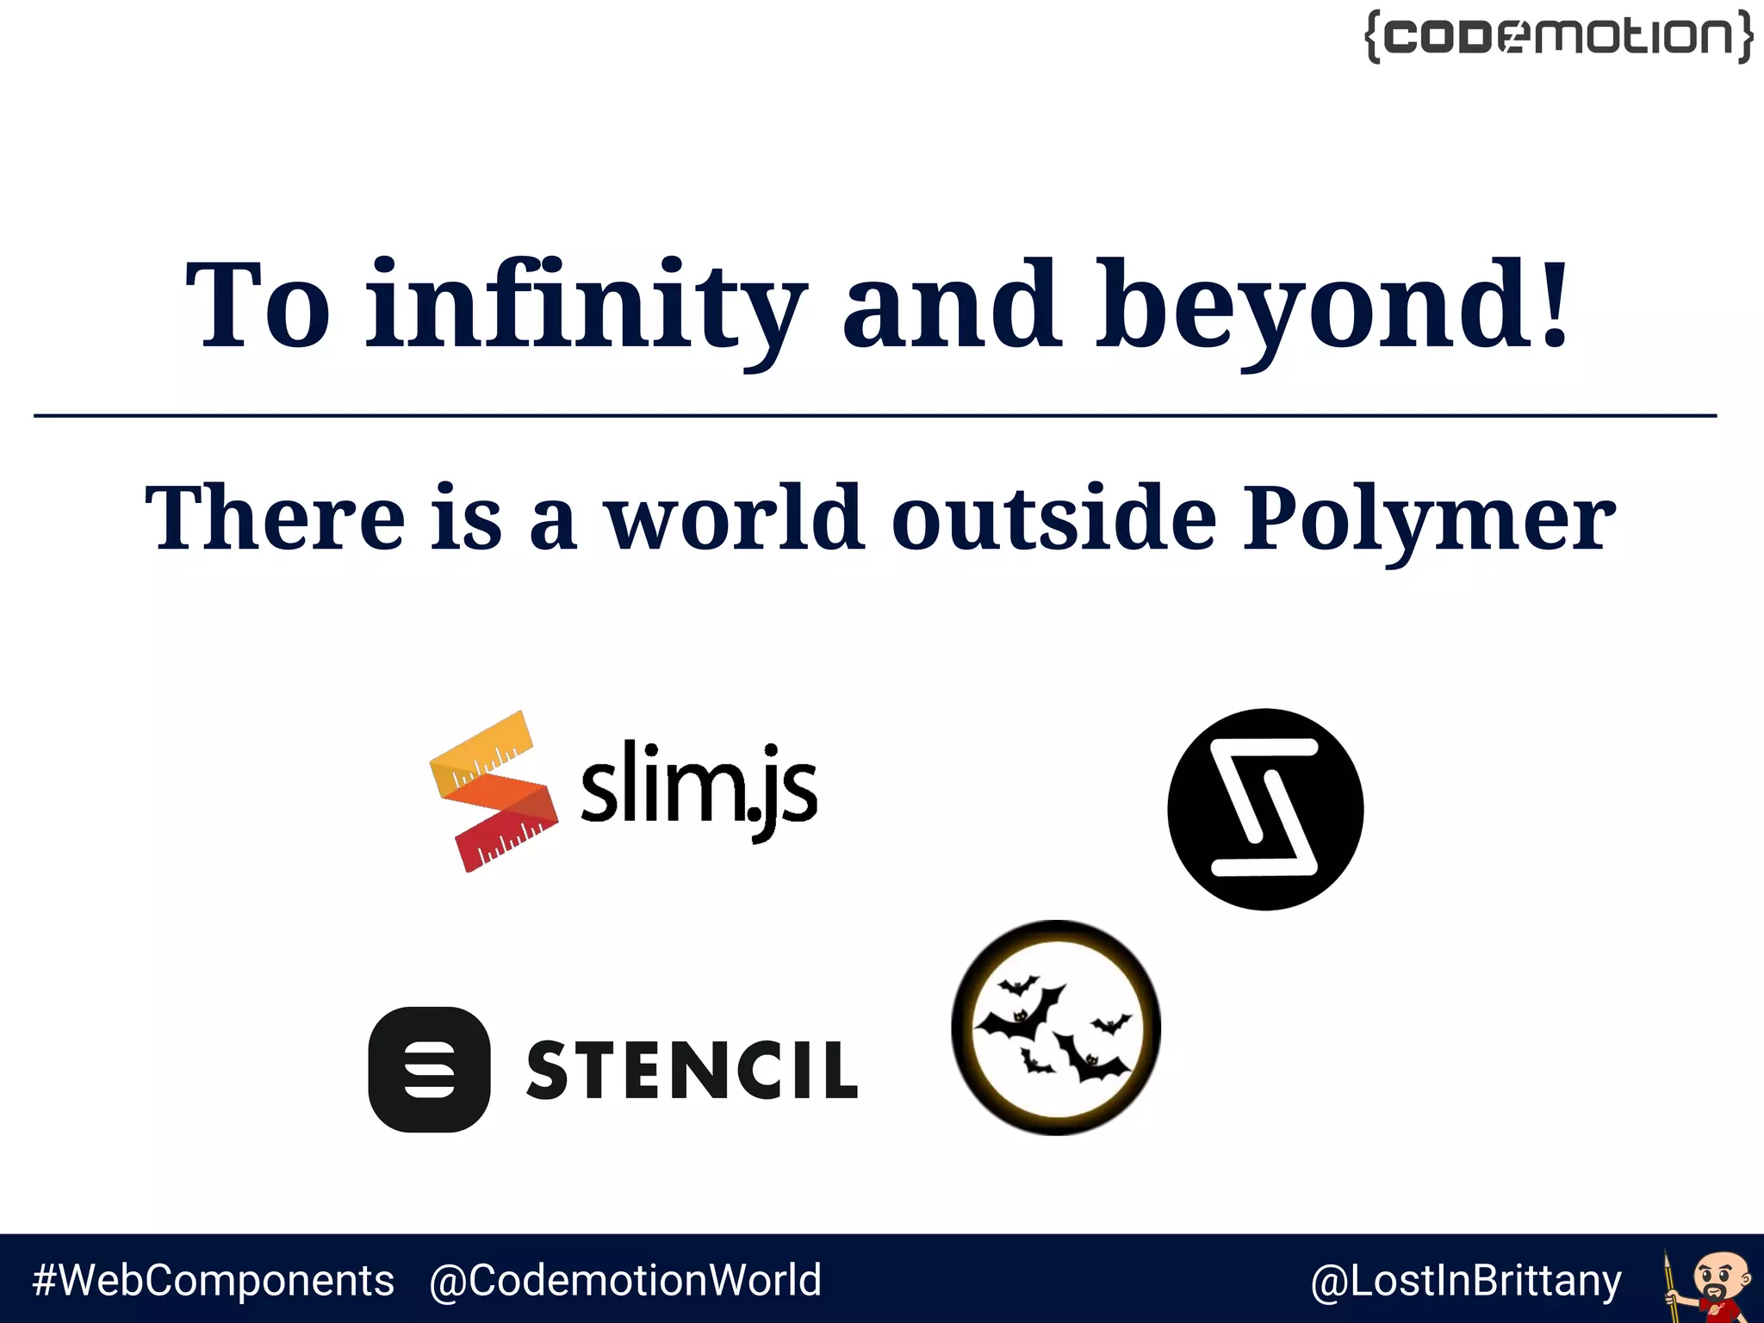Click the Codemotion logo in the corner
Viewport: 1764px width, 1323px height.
point(1558,36)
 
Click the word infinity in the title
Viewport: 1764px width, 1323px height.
point(587,307)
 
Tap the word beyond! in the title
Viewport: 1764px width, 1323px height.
point(1332,307)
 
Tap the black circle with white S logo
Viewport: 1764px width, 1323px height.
point(1265,809)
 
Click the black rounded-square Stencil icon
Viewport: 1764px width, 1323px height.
point(429,1069)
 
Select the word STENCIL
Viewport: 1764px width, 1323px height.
point(692,1070)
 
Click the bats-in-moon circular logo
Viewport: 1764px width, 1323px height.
point(1056,1028)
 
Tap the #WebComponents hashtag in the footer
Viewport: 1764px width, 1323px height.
point(213,1280)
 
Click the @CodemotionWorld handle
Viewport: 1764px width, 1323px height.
point(625,1280)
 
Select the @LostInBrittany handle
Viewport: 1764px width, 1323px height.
point(1465,1281)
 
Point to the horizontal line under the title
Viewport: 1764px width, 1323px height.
point(875,416)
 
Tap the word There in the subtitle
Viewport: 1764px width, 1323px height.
point(275,517)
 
